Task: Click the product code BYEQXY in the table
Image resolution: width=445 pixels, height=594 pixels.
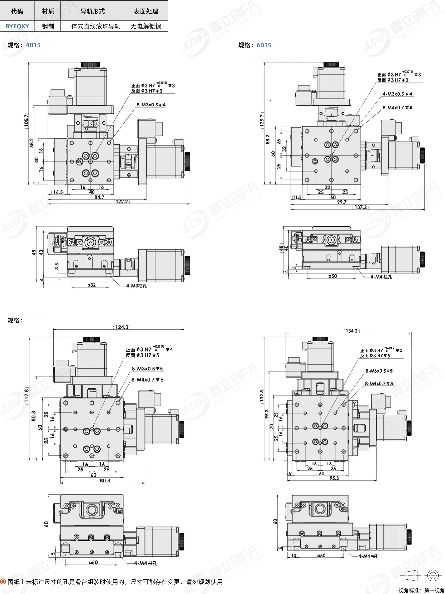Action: (x=17, y=26)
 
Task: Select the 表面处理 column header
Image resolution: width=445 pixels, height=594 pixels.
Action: (x=146, y=11)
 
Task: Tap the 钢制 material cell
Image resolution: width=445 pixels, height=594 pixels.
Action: (x=48, y=26)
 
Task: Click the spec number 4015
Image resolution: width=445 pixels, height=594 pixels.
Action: (x=33, y=45)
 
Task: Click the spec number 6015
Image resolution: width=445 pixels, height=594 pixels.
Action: (x=264, y=45)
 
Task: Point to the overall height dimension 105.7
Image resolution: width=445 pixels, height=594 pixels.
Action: (x=26, y=121)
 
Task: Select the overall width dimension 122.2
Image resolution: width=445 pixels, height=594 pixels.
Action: (x=122, y=201)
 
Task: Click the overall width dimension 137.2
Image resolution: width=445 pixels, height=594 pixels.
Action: (x=361, y=207)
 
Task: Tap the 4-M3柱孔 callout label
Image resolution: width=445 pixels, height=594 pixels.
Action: (x=137, y=286)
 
